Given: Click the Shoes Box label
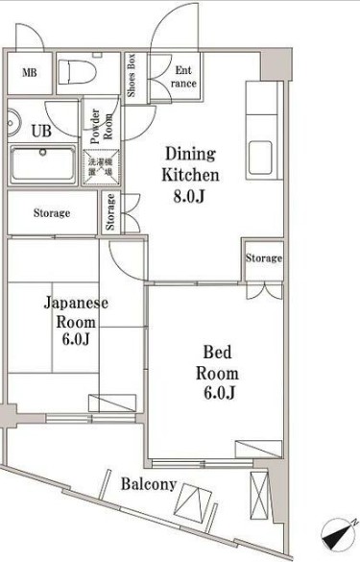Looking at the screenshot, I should [131, 74].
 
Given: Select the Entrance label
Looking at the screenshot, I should [183, 77].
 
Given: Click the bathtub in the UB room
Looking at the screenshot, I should [42, 164].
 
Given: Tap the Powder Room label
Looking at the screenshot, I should [96, 128].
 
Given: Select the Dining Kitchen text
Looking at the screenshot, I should [192, 165].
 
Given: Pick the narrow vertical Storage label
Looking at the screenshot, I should [111, 213].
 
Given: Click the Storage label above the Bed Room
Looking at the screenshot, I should [263, 258].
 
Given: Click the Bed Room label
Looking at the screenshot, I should [217, 362].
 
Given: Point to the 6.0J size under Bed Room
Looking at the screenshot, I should [218, 392].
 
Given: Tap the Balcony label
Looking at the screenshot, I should [148, 484].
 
